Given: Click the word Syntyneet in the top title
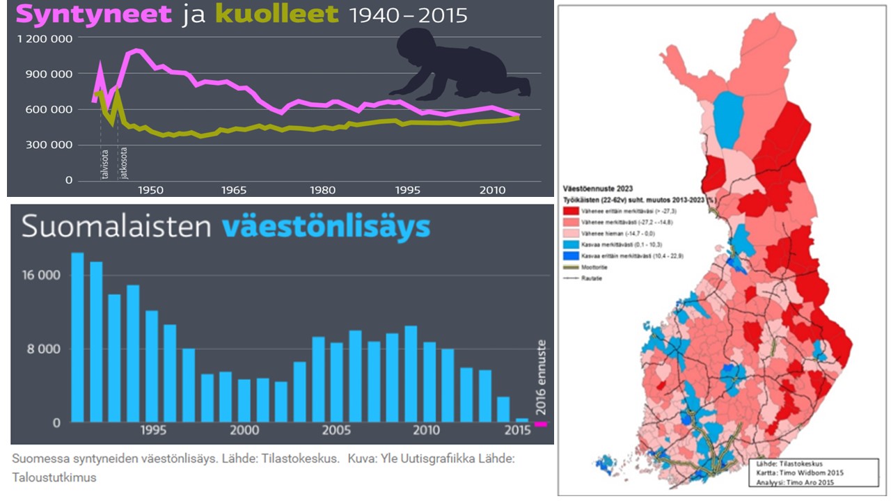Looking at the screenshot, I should (x=93, y=15).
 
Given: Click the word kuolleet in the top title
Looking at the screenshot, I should (x=277, y=15).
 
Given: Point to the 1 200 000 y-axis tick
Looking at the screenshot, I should (x=45, y=39).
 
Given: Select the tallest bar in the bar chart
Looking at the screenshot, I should (x=77, y=337).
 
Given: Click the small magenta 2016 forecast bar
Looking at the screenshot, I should (x=541, y=423).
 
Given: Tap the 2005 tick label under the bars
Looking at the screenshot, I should (x=337, y=431).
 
